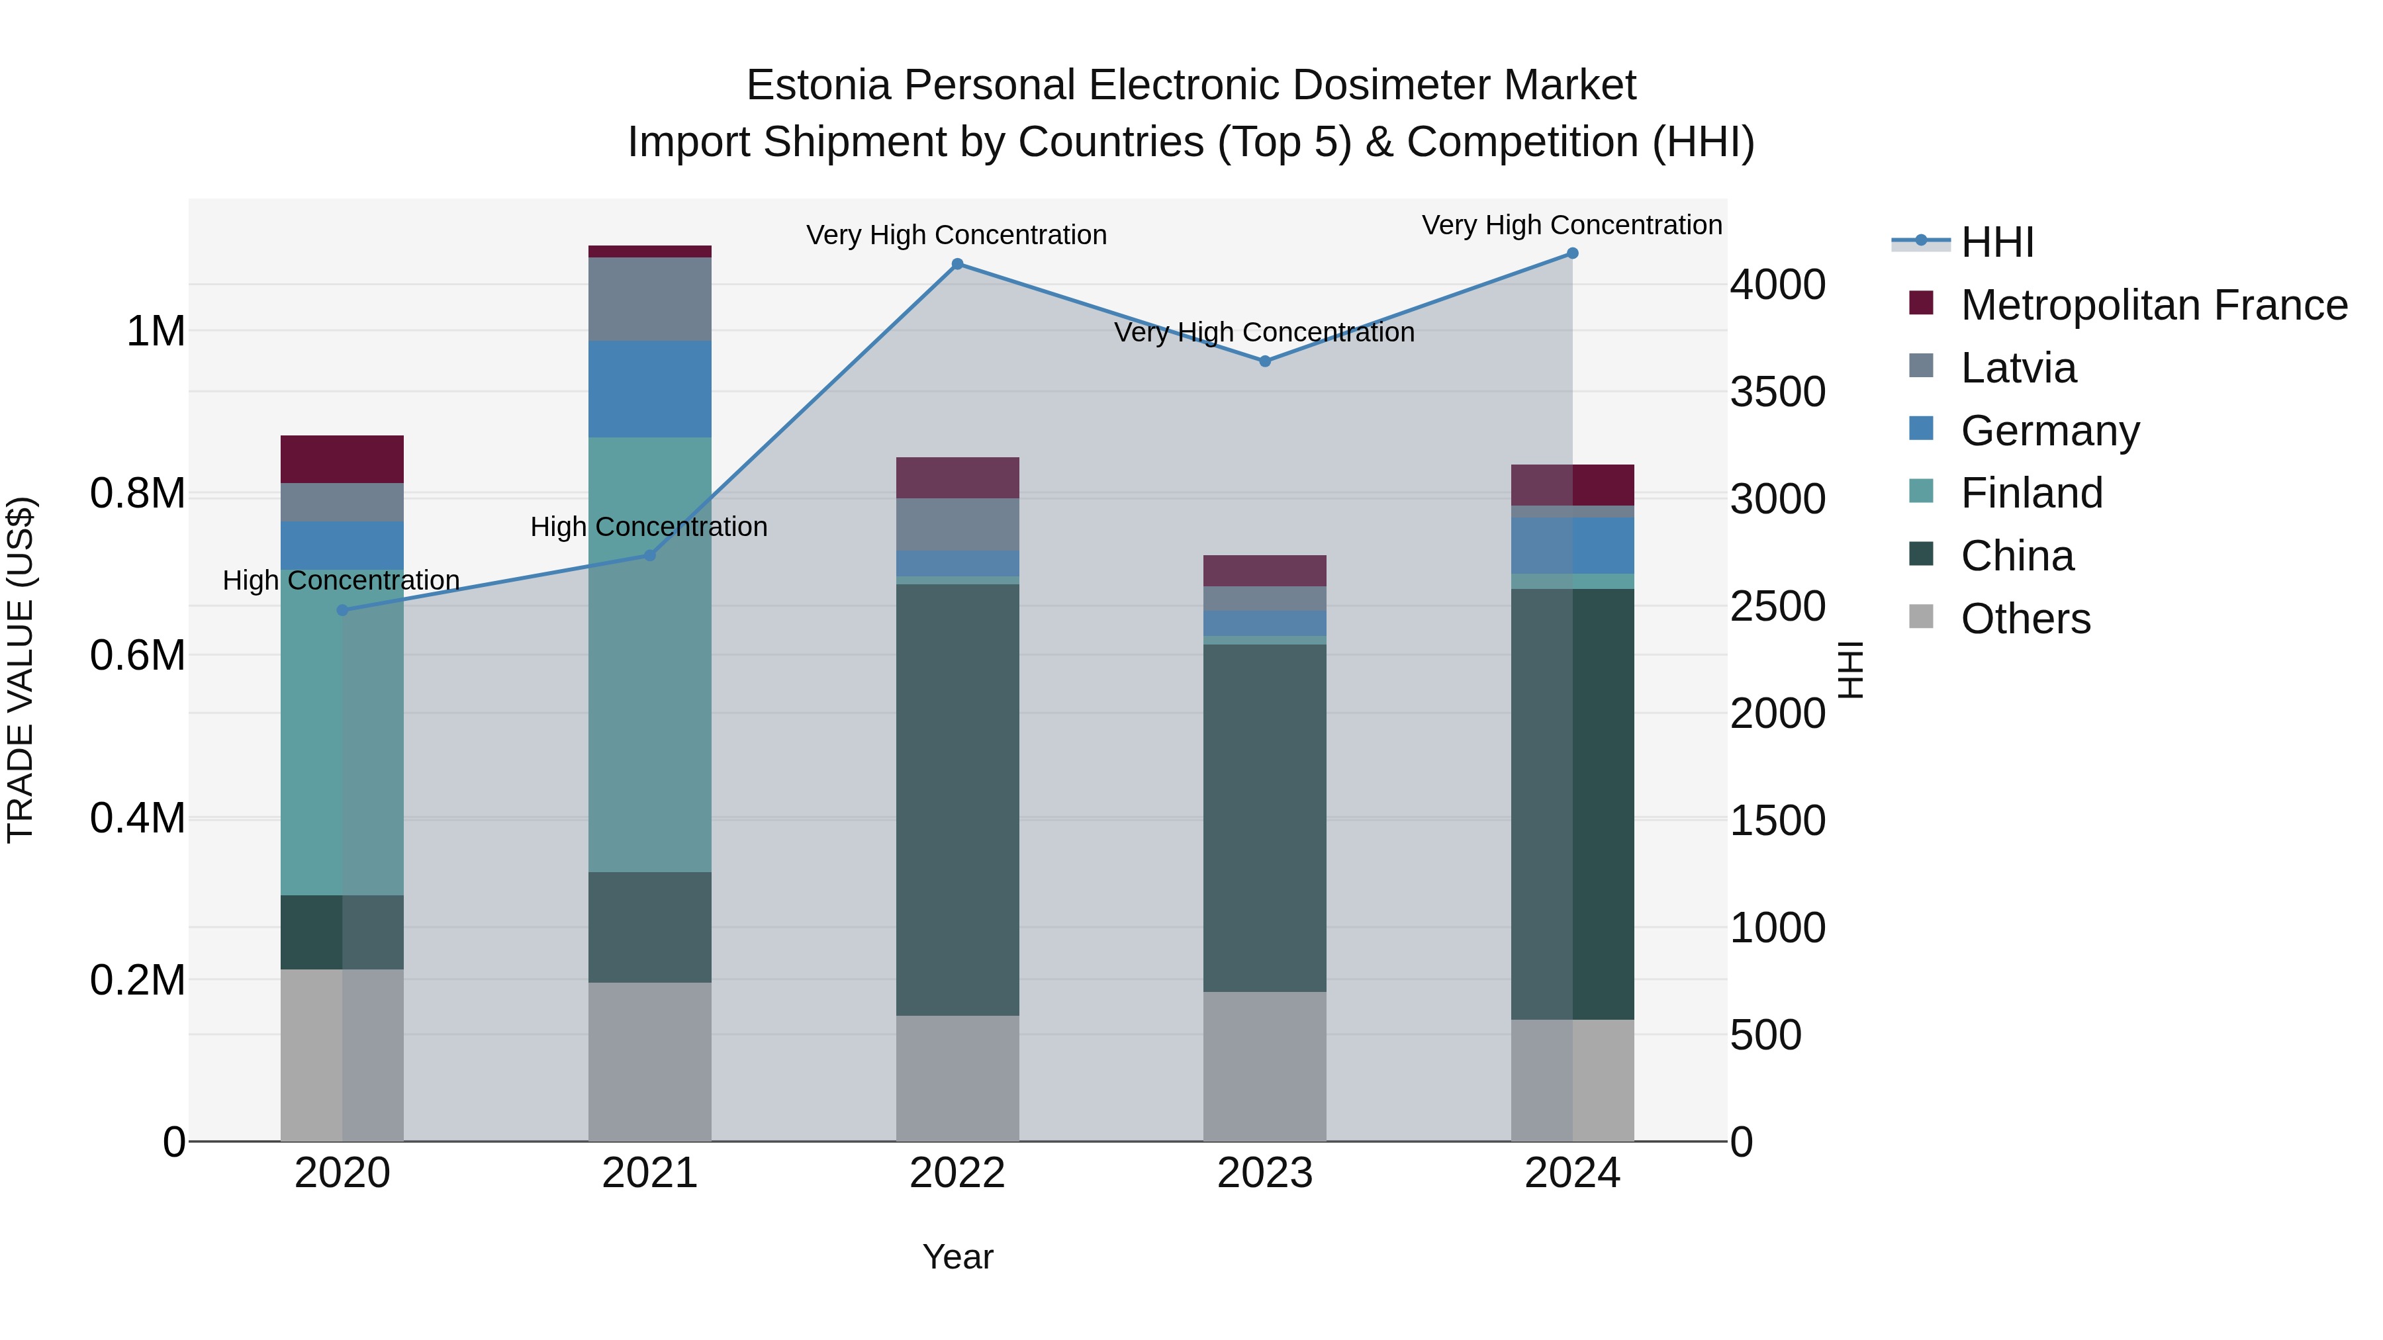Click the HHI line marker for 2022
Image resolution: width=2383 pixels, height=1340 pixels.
tap(957, 265)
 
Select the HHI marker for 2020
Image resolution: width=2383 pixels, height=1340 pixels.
tap(342, 610)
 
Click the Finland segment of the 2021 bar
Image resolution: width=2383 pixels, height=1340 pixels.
tap(649, 654)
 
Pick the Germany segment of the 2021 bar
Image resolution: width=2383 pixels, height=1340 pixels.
tap(649, 388)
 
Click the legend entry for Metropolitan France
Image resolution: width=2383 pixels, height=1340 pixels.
tap(2153, 305)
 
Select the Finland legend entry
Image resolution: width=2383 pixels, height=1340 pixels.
tap(2032, 493)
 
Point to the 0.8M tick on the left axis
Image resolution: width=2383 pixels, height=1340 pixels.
tap(138, 493)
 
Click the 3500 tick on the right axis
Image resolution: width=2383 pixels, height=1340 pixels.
tap(1777, 392)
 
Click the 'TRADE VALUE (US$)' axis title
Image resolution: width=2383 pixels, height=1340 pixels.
tap(21, 670)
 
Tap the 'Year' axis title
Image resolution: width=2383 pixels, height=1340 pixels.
tap(957, 1257)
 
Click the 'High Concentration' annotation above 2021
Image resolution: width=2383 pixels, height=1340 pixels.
tap(649, 527)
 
